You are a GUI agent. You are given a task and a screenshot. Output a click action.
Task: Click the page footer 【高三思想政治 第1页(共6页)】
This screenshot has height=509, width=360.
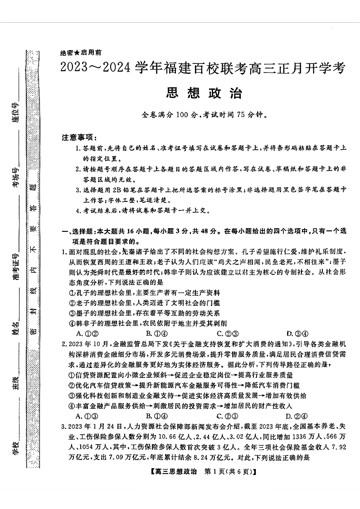(204, 472)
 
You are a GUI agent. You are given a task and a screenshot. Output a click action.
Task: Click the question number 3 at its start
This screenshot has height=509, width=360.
(63, 427)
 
